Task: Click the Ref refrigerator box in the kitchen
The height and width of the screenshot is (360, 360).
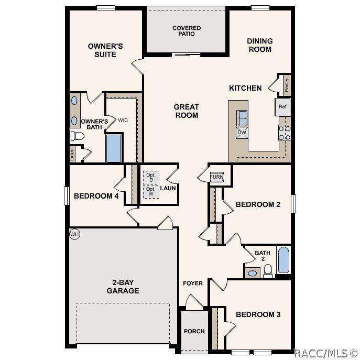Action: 282,107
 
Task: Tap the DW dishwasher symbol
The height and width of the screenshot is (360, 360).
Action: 242,132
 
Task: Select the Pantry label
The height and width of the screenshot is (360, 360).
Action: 287,84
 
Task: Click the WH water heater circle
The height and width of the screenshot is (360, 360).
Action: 74,234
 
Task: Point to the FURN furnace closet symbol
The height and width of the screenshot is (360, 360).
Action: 216,177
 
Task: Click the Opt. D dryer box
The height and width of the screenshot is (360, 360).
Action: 151,177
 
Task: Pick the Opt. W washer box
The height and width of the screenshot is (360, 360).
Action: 151,192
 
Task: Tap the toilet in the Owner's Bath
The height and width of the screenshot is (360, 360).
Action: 78,136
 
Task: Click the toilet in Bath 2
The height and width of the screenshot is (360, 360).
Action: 268,270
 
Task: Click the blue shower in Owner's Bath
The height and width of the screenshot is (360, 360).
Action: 114,148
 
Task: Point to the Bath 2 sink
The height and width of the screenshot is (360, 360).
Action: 253,273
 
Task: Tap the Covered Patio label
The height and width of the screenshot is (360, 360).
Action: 187,31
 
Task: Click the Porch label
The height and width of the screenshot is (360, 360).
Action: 194,331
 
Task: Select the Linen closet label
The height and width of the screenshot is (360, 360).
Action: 72,154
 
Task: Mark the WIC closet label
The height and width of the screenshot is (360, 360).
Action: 123,121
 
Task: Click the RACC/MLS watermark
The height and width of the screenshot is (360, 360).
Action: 325,353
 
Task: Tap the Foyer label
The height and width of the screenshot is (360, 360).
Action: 192,283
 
